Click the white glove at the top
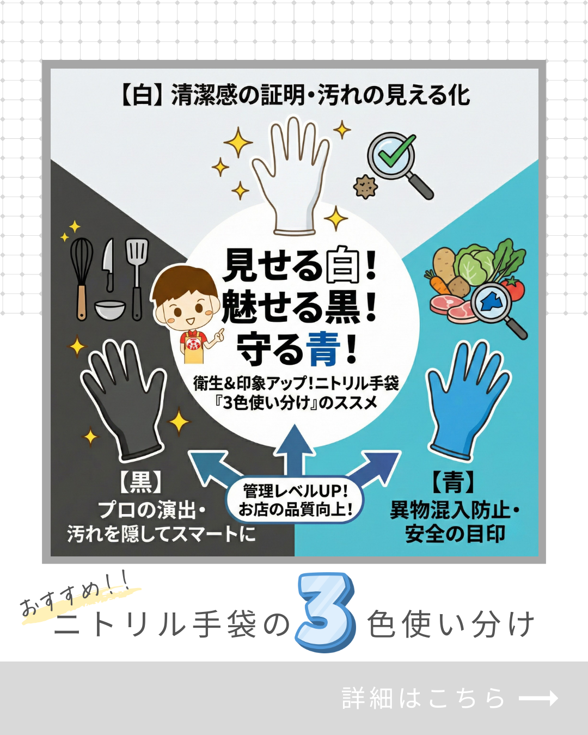tap(290, 177)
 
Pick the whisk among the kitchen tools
tap(81, 278)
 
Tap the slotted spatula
tap(137, 278)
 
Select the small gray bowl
tap(110, 309)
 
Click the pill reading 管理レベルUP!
tap(295, 501)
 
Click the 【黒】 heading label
tap(140, 482)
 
